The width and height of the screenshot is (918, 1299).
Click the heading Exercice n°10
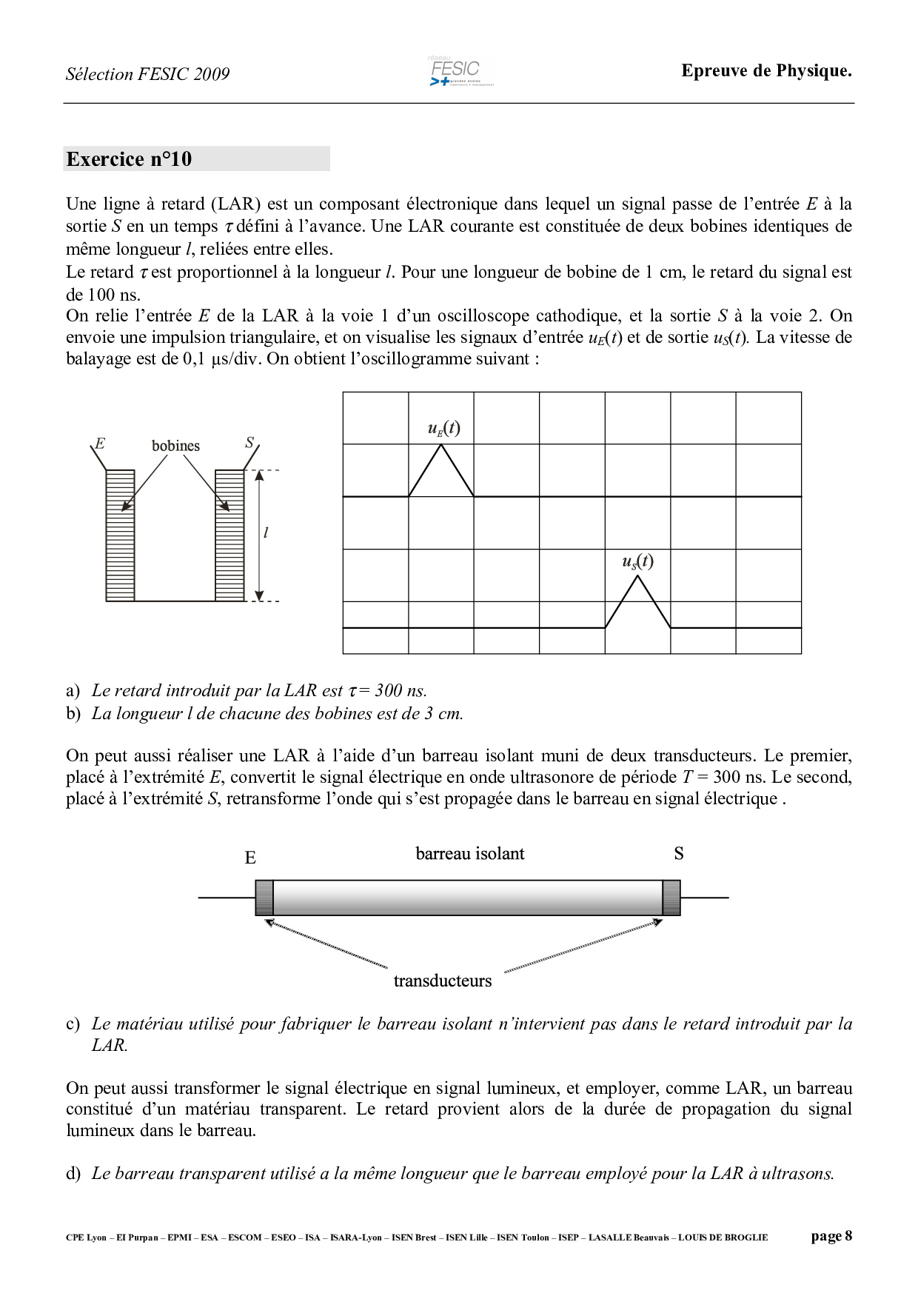coord(129,159)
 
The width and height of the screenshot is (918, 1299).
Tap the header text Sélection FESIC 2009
coord(147,74)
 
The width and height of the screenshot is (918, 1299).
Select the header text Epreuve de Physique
coord(766,71)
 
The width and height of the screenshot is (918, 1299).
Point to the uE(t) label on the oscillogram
coord(443,428)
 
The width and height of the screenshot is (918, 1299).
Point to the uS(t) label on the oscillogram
coord(637,561)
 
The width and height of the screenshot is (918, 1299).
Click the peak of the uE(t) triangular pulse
coord(442,444)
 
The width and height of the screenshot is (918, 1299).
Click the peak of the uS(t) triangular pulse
coord(637,576)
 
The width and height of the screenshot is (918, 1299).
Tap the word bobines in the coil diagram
coord(175,446)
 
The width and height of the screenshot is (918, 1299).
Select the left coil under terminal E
coord(121,535)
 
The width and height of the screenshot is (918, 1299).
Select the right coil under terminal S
coord(229,535)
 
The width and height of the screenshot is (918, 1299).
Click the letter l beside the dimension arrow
coord(266,532)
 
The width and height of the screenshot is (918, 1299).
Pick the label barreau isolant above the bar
coord(469,854)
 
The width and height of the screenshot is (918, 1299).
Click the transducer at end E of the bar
coord(264,898)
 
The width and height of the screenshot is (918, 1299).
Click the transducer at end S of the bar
coord(671,898)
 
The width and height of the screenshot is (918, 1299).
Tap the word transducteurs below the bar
coord(442,981)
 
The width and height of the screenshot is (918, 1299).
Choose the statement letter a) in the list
coord(73,691)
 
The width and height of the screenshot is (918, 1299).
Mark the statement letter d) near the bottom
coord(73,1174)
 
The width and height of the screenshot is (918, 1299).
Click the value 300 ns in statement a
coord(401,691)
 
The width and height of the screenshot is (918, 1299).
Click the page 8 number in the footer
coord(831,1236)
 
